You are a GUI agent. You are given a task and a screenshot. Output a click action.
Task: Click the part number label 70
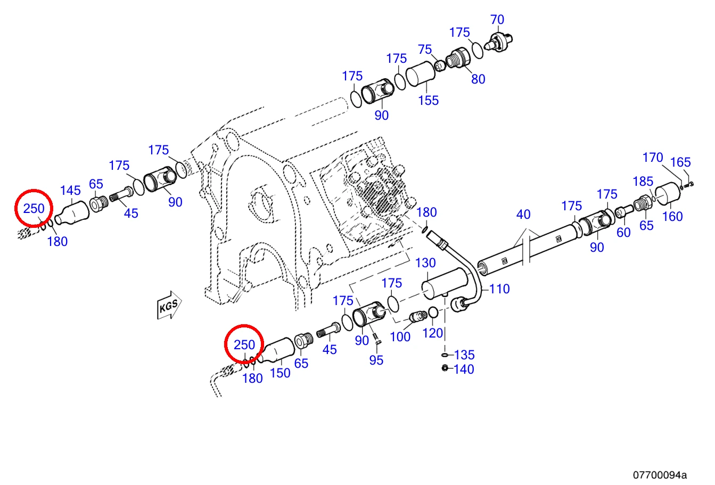pyautogui.click(x=497, y=20)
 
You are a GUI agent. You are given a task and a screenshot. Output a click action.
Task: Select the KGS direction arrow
pyautogui.click(x=169, y=305)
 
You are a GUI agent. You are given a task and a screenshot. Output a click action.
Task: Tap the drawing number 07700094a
pyautogui.click(x=660, y=475)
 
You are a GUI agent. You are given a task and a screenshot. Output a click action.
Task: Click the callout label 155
pyautogui.click(x=429, y=100)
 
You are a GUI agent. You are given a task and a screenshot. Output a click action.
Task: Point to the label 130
pyautogui.click(x=425, y=263)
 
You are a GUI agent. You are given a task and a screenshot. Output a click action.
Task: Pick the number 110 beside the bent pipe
pyautogui.click(x=499, y=289)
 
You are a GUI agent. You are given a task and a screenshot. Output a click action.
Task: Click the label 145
pyautogui.click(x=70, y=191)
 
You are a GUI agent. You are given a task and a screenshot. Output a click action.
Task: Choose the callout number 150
pyautogui.click(x=280, y=373)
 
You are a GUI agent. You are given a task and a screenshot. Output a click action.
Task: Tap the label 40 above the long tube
pyautogui.click(x=523, y=214)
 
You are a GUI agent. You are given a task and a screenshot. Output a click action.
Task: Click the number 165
pyautogui.click(x=680, y=162)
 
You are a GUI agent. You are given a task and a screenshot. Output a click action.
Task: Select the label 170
pyautogui.click(x=653, y=158)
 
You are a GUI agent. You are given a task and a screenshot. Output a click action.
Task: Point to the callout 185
pyautogui.click(x=643, y=182)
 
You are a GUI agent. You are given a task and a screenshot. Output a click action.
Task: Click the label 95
pyautogui.click(x=376, y=360)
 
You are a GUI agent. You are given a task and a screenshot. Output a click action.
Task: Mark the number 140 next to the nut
pyautogui.click(x=464, y=369)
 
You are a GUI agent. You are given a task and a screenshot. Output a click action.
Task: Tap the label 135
pyautogui.click(x=464, y=355)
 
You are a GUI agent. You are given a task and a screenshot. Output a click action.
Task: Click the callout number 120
pyautogui.click(x=433, y=333)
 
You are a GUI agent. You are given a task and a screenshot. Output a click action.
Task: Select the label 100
pyautogui.click(x=400, y=337)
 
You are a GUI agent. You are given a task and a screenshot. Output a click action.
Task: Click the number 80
pyautogui.click(x=478, y=79)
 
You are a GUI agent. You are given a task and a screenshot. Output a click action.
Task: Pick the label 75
pyautogui.click(x=425, y=50)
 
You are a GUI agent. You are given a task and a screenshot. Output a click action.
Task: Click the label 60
pyautogui.click(x=623, y=233)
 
